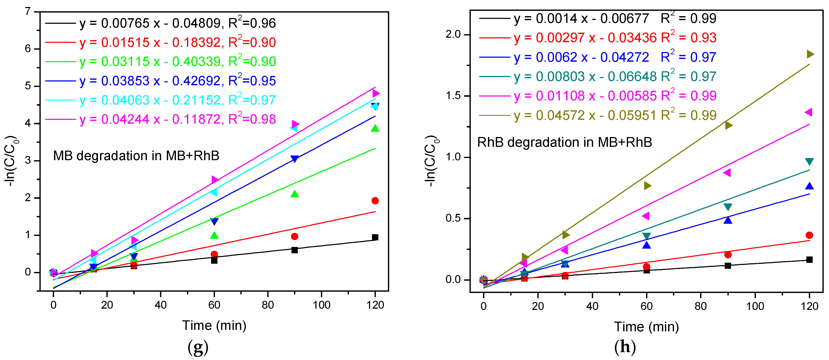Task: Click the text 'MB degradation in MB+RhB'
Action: click(136, 156)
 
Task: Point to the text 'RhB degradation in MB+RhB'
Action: click(564, 142)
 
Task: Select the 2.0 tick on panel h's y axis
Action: click(453, 34)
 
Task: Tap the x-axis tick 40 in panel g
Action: click(161, 305)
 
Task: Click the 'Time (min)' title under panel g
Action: click(214, 326)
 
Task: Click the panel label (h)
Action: click(625, 347)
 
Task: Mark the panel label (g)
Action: click(198, 347)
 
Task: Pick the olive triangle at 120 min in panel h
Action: click(810, 54)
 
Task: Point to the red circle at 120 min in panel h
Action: click(809, 235)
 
